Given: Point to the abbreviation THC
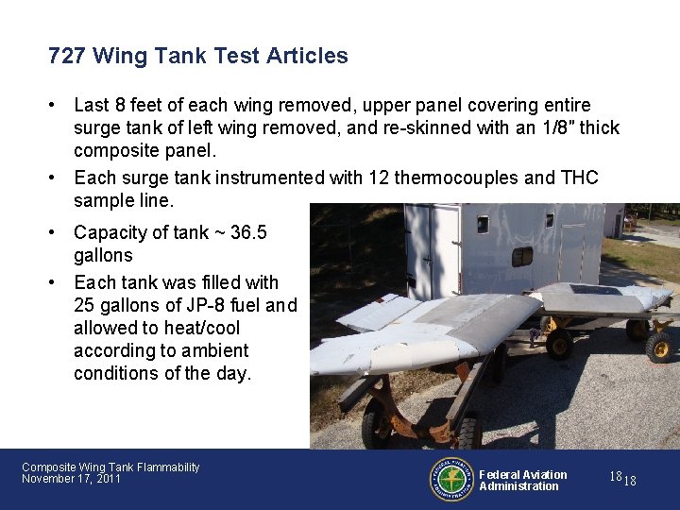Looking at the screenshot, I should click(x=579, y=178).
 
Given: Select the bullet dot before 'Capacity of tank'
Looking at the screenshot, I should click(x=57, y=232).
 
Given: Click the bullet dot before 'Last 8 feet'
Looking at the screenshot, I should click(x=57, y=106).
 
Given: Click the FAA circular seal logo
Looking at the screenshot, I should click(x=452, y=480).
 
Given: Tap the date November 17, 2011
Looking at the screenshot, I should click(x=71, y=480).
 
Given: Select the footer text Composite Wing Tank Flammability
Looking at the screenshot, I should click(x=110, y=467).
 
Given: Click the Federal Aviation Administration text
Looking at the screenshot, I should click(x=522, y=480).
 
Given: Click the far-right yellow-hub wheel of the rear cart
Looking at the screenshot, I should click(x=658, y=346).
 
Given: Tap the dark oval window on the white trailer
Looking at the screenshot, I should click(x=521, y=256).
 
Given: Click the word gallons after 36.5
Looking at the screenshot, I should click(x=103, y=255).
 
